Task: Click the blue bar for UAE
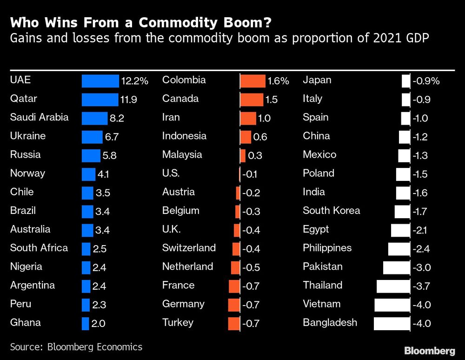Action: coord(100,81)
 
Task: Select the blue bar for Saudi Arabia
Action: coord(94,118)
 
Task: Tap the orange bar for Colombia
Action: coord(252,81)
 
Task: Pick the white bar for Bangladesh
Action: coord(391,323)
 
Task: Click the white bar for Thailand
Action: coord(393,286)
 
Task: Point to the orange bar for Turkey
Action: coord(234,323)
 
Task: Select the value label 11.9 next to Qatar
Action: coord(129,100)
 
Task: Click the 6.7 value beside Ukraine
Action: coord(112,137)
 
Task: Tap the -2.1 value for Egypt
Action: coord(421,230)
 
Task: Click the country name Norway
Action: coord(27,173)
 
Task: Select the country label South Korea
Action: coord(331,211)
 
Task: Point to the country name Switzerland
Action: coord(189,248)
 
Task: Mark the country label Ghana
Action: coord(25,323)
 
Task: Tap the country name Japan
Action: coord(317,80)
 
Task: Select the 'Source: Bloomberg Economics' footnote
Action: coord(76,347)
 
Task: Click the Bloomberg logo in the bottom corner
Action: coord(429,350)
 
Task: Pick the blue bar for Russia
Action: coord(91,155)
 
